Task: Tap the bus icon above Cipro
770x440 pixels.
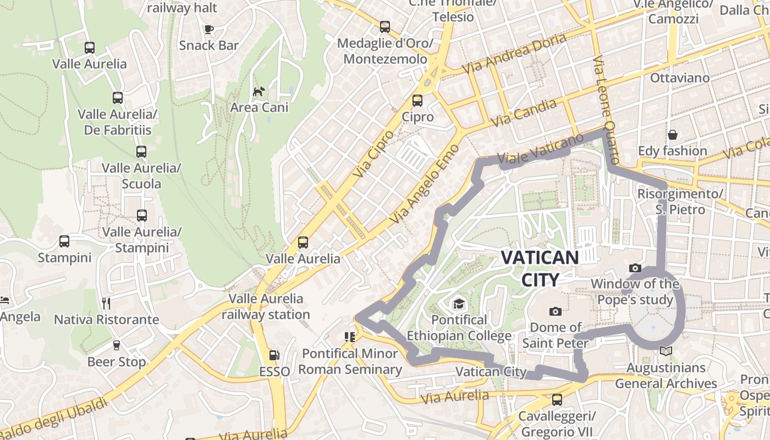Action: [417, 100]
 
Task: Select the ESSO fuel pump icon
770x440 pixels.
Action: [274, 356]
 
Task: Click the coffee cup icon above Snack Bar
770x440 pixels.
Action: [208, 29]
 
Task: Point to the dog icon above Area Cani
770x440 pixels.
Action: [258, 91]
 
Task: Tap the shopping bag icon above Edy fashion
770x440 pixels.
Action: [672, 135]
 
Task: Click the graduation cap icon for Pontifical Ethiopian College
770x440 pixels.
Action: [458, 304]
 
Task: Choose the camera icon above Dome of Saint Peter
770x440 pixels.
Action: [555, 311]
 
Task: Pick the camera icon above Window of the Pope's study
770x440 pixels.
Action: [635, 268]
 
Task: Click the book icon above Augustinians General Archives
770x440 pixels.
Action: [665, 351]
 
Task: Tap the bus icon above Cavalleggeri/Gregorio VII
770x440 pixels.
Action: [557, 400]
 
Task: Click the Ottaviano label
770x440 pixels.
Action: [680, 78]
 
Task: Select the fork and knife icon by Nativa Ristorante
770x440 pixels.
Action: [106, 302]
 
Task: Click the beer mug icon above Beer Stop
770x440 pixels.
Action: [116, 345]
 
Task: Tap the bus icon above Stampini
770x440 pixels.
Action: [64, 241]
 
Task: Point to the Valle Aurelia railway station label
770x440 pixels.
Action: [266, 307]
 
